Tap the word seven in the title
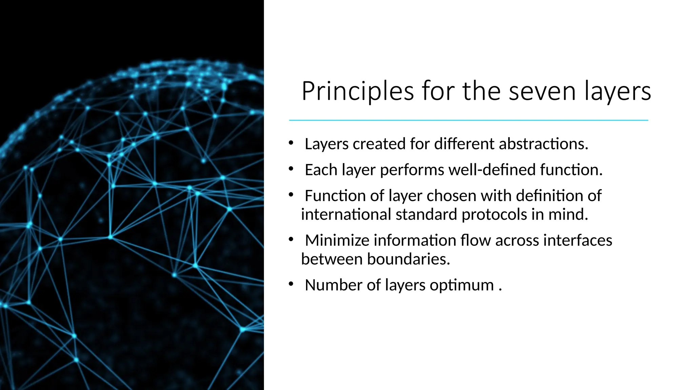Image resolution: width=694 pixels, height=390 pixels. (x=542, y=91)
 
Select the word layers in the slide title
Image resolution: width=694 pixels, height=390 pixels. (x=617, y=91)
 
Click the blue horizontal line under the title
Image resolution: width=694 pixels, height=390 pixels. (x=468, y=120)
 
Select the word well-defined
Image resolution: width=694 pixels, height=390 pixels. (x=492, y=170)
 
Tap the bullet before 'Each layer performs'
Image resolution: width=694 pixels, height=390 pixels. (x=291, y=169)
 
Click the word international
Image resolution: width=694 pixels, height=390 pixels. (x=346, y=214)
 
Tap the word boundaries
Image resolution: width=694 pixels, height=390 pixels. (x=408, y=259)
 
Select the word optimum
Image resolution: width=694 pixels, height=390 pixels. (x=462, y=285)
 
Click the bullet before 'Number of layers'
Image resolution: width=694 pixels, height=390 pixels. (x=291, y=284)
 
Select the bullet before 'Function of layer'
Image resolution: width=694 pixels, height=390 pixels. (x=291, y=195)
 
